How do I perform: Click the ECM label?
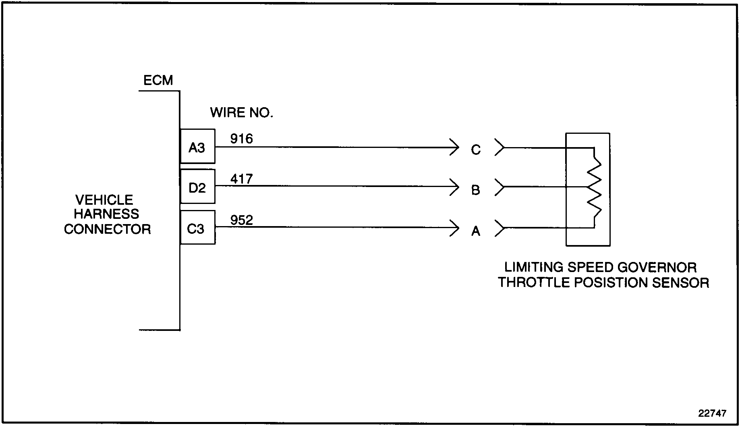pyautogui.click(x=158, y=81)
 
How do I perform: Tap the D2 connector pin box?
pyautogui.click(x=197, y=187)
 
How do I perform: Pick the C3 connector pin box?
pyautogui.click(x=197, y=228)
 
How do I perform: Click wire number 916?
pyautogui.click(x=241, y=139)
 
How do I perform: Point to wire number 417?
pyautogui.click(x=241, y=179)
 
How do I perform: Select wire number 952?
pyautogui.click(x=241, y=220)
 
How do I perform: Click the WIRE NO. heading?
pyautogui.click(x=241, y=113)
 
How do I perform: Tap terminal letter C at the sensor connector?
pyautogui.click(x=476, y=150)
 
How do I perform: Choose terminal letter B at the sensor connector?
pyautogui.click(x=476, y=190)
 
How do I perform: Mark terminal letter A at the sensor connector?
pyautogui.click(x=476, y=231)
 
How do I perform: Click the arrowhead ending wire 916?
pyautogui.click(x=455, y=148)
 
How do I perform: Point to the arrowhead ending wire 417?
pyautogui.click(x=455, y=187)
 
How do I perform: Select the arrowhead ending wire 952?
pyautogui.click(x=455, y=228)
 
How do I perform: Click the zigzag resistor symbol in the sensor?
pyautogui.click(x=595, y=187)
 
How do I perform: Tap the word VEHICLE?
pyautogui.click(x=104, y=200)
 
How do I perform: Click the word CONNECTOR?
pyautogui.click(x=107, y=229)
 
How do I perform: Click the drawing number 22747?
pyautogui.click(x=712, y=414)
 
